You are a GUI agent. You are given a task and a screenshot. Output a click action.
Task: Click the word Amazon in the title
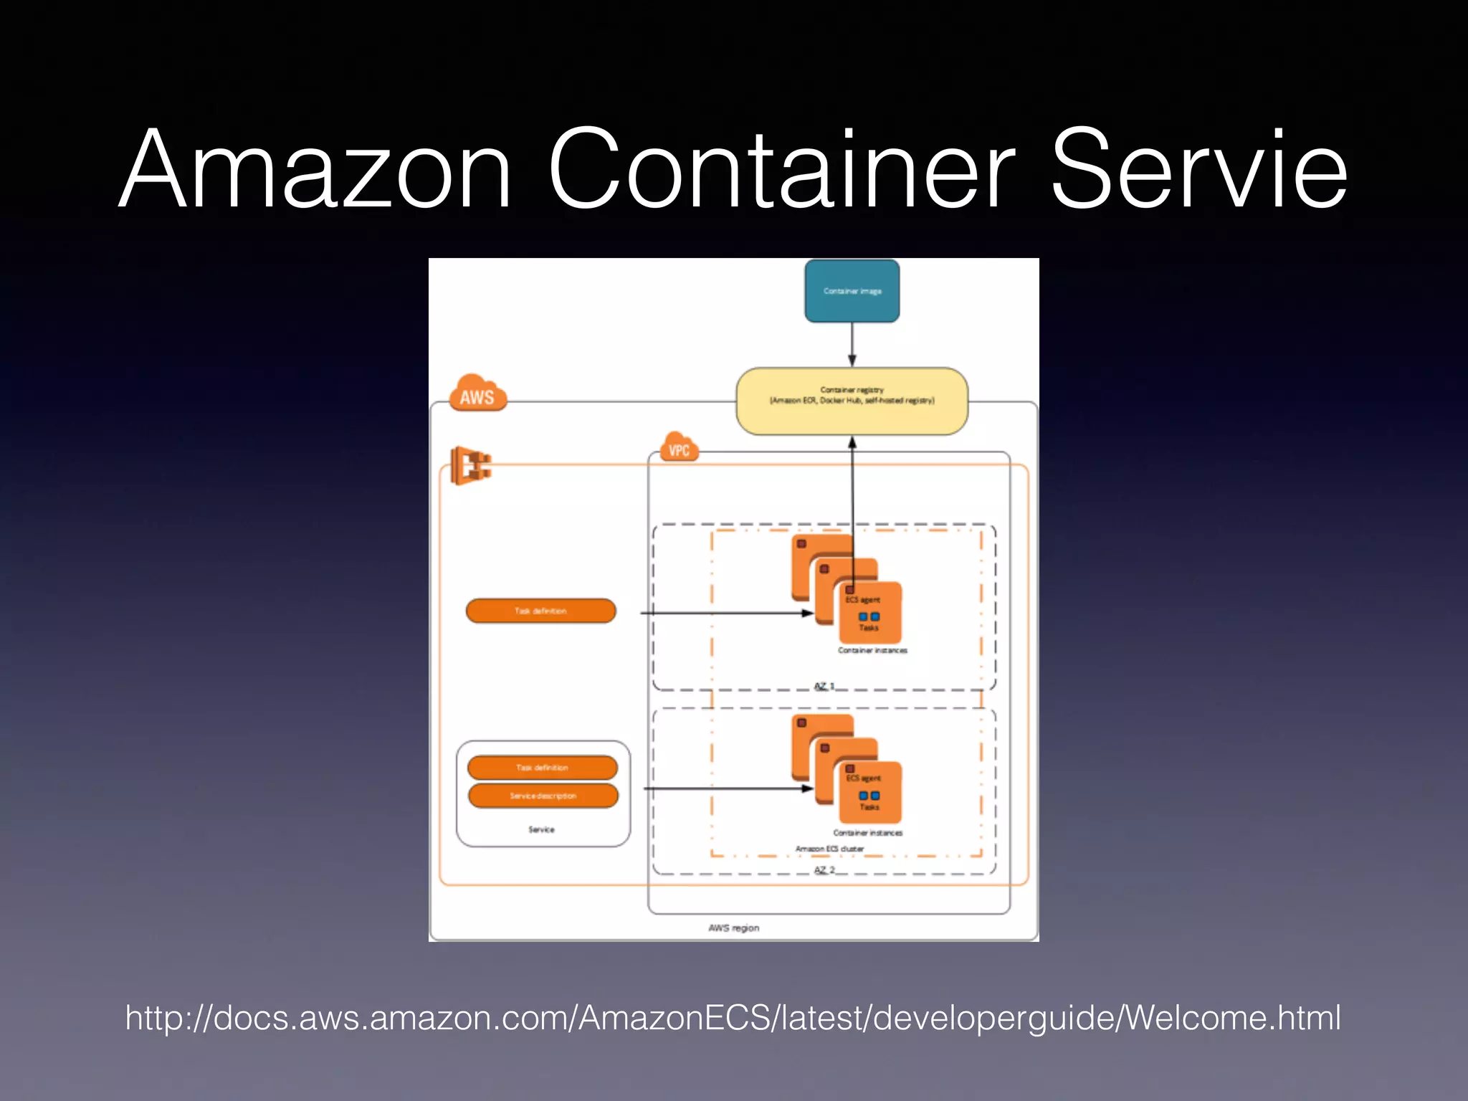315,171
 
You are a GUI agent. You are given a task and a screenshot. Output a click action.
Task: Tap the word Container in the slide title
781,171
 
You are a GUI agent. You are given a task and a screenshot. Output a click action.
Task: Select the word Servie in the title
1198,171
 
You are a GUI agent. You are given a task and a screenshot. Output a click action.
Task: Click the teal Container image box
852,291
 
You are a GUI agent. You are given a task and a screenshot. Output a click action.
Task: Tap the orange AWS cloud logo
477,394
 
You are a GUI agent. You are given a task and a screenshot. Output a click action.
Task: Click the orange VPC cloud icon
678,448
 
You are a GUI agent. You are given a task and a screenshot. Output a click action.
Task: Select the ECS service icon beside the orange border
470,465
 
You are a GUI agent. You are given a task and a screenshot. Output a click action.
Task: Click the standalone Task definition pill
540,611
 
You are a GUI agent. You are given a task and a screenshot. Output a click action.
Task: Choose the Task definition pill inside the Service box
542,767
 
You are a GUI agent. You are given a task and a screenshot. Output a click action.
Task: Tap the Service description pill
543,796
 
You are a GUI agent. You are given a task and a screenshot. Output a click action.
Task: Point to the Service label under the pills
541,829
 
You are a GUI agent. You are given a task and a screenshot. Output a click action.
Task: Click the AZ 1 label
824,686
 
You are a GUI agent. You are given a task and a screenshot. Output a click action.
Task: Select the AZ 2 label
824,869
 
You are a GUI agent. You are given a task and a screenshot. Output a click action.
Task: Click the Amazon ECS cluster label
829,849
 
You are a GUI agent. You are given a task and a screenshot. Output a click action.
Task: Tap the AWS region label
733,928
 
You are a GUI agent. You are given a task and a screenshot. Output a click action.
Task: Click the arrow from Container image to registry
852,345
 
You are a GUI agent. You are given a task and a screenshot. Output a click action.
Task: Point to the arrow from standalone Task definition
724,613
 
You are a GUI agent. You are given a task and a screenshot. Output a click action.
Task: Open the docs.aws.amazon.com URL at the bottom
733,1018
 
